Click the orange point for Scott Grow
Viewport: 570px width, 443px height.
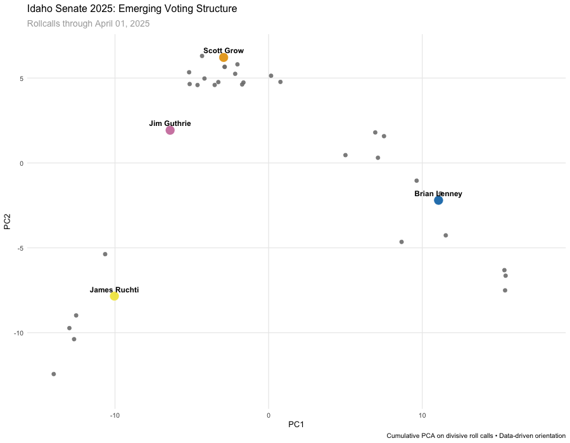click(224, 58)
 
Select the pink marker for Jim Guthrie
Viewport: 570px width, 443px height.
click(170, 130)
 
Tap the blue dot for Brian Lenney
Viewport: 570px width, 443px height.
click(438, 200)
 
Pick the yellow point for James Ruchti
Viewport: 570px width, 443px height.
click(114, 296)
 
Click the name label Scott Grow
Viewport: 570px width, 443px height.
click(224, 51)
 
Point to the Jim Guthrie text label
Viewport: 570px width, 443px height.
click(170, 123)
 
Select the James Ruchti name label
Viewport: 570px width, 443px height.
click(114, 290)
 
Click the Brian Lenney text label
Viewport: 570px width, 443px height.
click(438, 194)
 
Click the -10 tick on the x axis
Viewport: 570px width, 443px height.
click(115, 415)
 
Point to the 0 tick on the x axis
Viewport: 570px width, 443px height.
click(269, 415)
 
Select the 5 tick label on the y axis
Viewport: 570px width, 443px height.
click(21, 78)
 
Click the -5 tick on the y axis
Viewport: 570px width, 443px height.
click(20, 248)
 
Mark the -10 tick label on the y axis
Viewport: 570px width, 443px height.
click(18, 333)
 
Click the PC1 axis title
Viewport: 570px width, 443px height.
click(296, 424)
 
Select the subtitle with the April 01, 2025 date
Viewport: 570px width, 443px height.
click(88, 24)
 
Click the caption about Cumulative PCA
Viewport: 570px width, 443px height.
click(476, 436)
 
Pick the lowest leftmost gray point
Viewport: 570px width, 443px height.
click(54, 374)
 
